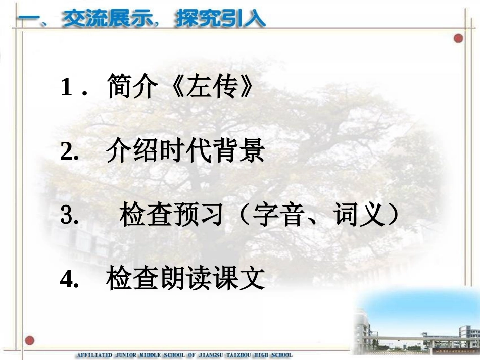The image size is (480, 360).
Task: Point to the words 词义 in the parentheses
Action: [x=356, y=216]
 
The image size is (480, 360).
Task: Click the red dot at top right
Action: [x=458, y=38]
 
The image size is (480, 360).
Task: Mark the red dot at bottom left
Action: [x=30, y=340]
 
